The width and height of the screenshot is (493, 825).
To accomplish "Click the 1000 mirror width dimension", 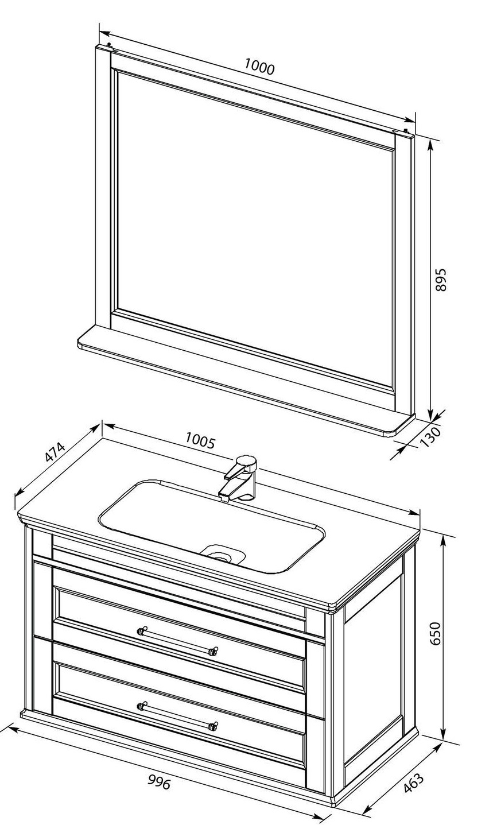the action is (259, 67).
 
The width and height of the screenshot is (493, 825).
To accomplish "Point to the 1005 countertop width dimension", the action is (200, 440).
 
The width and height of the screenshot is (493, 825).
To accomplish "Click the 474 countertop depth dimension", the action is (55, 452).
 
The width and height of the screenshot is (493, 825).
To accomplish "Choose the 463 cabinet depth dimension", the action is (414, 784).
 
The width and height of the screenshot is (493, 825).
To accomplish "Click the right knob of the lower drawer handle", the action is (213, 726).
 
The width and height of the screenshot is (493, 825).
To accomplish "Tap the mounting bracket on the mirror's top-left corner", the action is (109, 45).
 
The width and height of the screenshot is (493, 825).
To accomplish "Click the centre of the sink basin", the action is (211, 526).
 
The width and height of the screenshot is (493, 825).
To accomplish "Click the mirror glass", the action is (254, 228).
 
